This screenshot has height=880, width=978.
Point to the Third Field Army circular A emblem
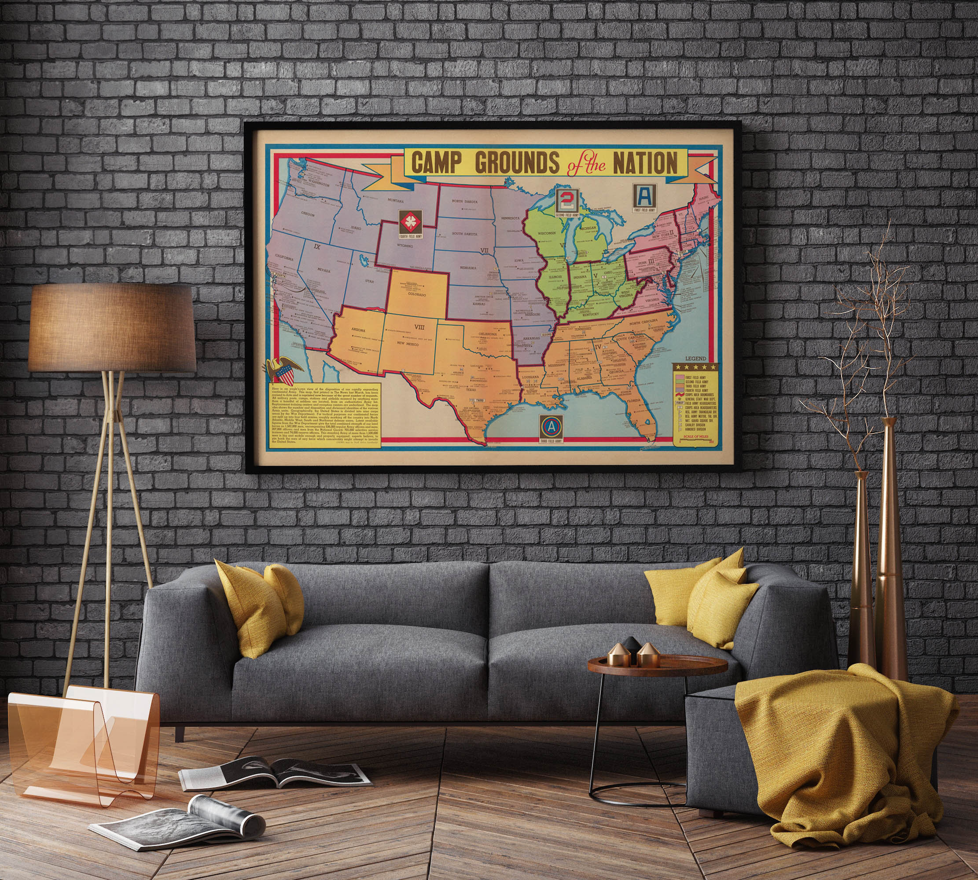[x=552, y=426]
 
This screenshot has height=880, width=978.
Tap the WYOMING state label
[x=405, y=246]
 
